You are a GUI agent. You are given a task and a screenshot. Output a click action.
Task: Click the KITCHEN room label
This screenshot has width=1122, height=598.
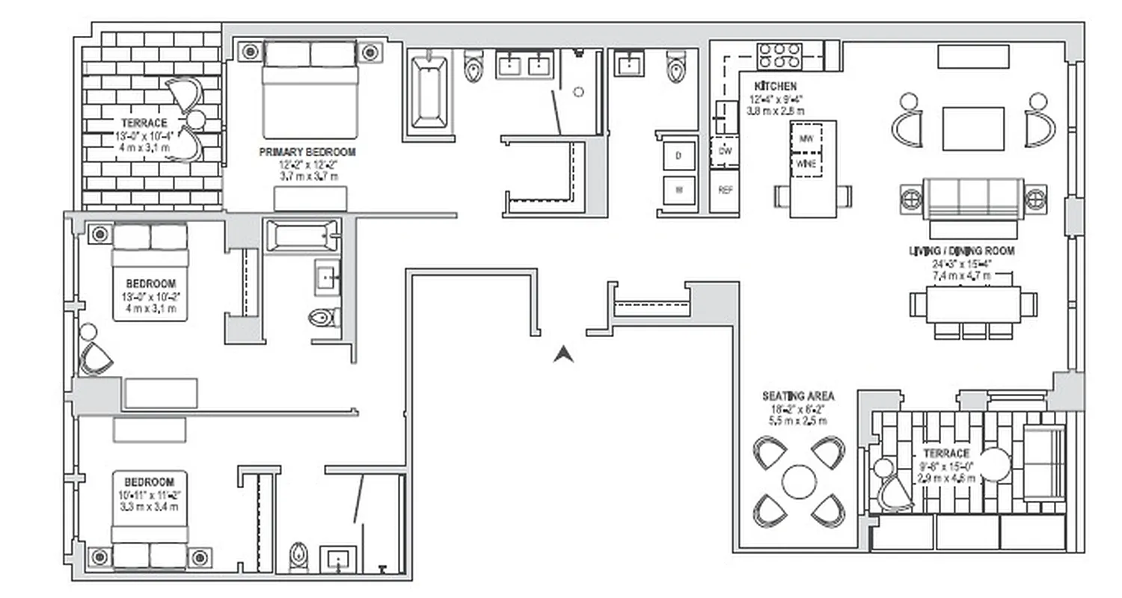(776, 87)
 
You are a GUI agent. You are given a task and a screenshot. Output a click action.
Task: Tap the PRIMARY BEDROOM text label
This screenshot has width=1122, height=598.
(307, 152)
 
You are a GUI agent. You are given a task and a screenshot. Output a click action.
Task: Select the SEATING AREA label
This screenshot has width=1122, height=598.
(798, 396)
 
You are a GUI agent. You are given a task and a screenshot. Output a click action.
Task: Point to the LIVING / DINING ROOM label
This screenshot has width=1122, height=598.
(961, 251)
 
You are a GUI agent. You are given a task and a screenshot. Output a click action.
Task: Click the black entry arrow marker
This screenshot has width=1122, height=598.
(563, 354)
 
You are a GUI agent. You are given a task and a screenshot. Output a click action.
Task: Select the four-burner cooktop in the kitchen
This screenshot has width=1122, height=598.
(779, 55)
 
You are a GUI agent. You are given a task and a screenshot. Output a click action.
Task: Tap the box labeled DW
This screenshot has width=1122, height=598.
(723, 150)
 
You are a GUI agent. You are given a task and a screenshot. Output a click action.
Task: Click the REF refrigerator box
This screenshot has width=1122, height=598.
(724, 190)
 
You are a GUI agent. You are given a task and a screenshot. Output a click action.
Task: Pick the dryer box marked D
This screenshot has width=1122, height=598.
(679, 155)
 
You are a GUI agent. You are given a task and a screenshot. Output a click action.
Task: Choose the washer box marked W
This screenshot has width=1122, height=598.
(679, 190)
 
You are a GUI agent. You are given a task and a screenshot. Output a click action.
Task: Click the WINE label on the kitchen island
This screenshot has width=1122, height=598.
(806, 164)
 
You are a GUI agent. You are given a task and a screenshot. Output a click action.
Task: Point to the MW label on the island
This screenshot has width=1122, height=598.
(806, 139)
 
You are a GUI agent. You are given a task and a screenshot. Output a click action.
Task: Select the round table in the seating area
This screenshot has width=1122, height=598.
(799, 482)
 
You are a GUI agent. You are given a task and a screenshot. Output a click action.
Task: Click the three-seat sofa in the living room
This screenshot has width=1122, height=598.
(972, 198)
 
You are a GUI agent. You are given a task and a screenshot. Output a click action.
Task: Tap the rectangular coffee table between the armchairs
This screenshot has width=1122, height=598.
(972, 129)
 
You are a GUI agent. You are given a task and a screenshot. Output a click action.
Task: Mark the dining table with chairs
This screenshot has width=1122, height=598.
(972, 304)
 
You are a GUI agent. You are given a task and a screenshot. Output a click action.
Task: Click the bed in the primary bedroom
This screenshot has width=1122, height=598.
(309, 90)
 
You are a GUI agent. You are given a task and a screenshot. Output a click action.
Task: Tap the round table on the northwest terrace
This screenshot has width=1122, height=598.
(196, 120)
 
